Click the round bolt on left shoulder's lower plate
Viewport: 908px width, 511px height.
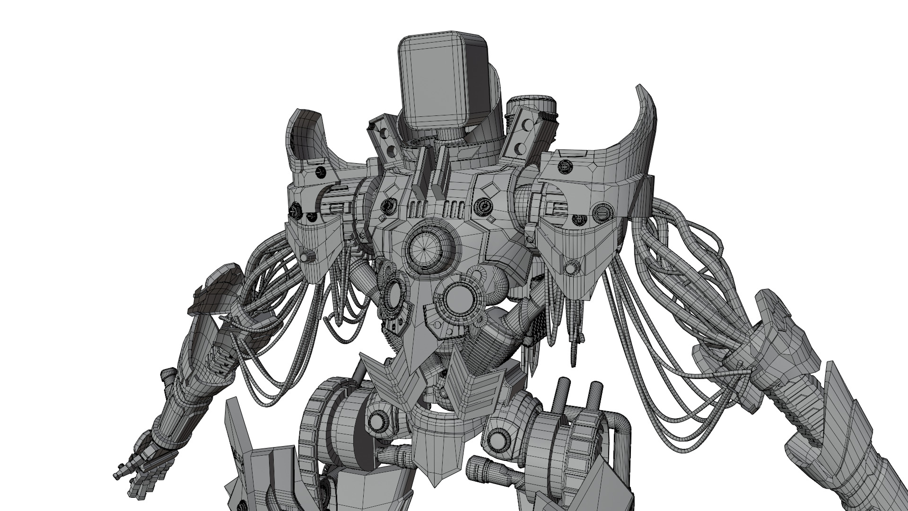click(x=310, y=256)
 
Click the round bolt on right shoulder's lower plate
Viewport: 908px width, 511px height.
click(x=571, y=268)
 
